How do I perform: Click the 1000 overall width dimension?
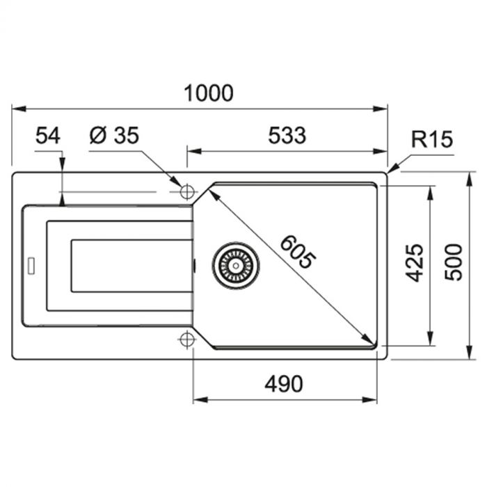point(209,93)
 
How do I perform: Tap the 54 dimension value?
point(48,136)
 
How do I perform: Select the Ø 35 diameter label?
point(115,136)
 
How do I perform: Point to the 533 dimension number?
point(287,136)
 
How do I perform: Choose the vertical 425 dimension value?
point(415,262)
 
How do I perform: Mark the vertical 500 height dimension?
point(454,262)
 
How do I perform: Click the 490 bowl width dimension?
point(284,384)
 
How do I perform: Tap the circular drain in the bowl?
point(236,265)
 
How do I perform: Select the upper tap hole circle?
point(186,192)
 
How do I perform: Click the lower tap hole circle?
point(186,340)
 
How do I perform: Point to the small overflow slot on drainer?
point(31,265)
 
